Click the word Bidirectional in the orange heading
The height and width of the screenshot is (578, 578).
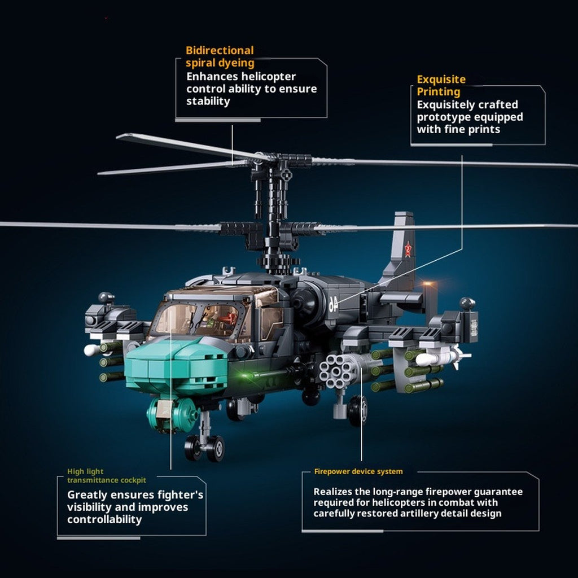pos(220,50)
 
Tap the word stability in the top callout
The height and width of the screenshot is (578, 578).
pos(208,102)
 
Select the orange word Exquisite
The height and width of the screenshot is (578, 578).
pos(441,80)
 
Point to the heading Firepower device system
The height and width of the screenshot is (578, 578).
pos(358,471)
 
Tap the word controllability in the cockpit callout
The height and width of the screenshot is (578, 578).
pos(104,519)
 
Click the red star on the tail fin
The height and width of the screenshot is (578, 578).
pos(408,249)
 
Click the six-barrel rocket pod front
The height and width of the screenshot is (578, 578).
pos(336,371)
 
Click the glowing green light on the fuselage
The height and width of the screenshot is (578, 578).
pos(243,375)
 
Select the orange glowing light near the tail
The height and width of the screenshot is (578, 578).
pos(428,284)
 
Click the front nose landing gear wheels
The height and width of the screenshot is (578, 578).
pos(204,448)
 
